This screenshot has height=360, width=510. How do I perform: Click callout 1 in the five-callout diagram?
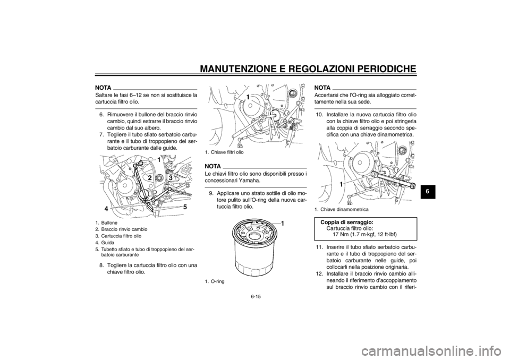pos(158,159)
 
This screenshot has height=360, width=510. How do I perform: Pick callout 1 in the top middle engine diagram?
pos(248,98)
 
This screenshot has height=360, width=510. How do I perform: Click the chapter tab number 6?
pos(428,190)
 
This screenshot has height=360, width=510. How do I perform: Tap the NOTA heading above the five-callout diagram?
pos(103,87)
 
